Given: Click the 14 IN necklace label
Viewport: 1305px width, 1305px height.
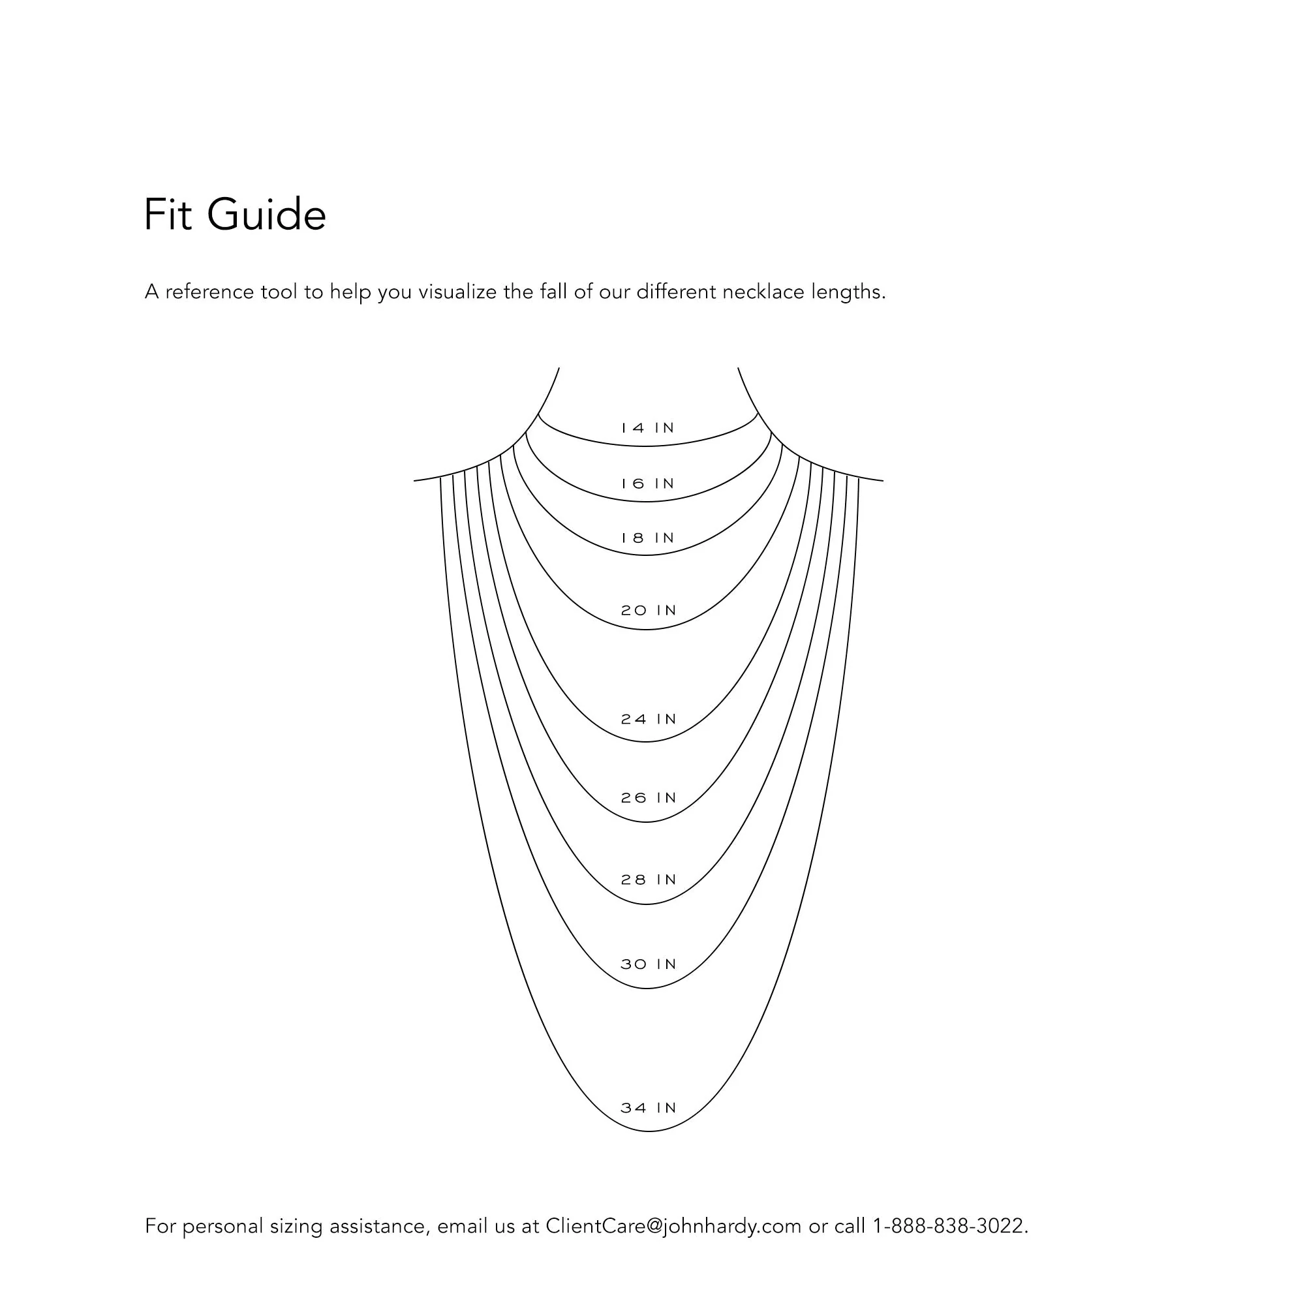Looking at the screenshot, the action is pyautogui.click(x=649, y=428).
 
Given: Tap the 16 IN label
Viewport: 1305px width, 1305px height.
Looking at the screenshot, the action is pyautogui.click(x=649, y=484).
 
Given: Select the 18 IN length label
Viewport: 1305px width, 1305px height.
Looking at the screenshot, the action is pyautogui.click(x=649, y=538).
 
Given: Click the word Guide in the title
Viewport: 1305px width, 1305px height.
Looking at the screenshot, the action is pyautogui.click(x=267, y=215).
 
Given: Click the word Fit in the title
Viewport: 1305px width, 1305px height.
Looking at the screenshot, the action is pyautogui.click(x=168, y=215).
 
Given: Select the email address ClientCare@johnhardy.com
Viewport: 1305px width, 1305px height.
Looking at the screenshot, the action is pyautogui.click(x=673, y=1226).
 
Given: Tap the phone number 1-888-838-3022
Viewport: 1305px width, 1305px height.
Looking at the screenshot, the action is pyautogui.click(x=951, y=1226).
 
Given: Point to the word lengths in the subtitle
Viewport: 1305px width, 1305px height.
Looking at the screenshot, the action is pyautogui.click(x=848, y=292).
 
